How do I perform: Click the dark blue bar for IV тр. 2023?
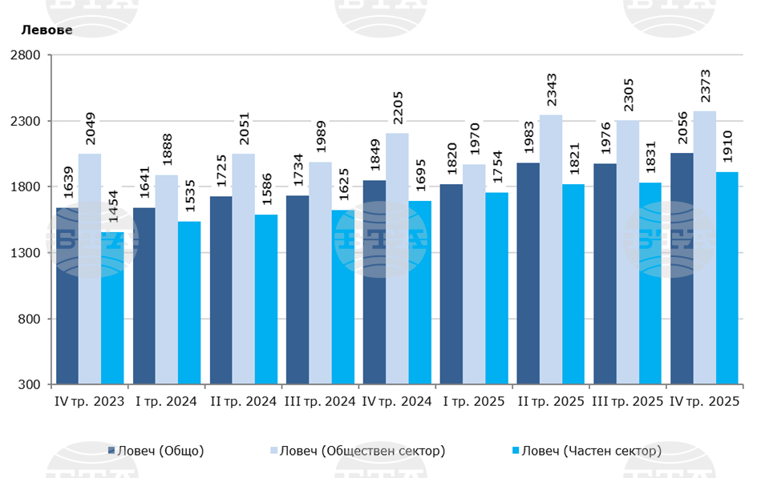[x=67, y=296]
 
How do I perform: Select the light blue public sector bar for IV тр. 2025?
[x=704, y=248]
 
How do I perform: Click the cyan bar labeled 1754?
[x=496, y=288]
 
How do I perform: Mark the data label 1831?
[x=650, y=161]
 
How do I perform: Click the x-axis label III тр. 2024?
[x=320, y=401]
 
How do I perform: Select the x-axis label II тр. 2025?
[x=551, y=401]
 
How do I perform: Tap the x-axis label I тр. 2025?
[x=473, y=401]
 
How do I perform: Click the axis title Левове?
[x=47, y=30]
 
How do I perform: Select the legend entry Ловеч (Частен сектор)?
[x=591, y=451]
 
